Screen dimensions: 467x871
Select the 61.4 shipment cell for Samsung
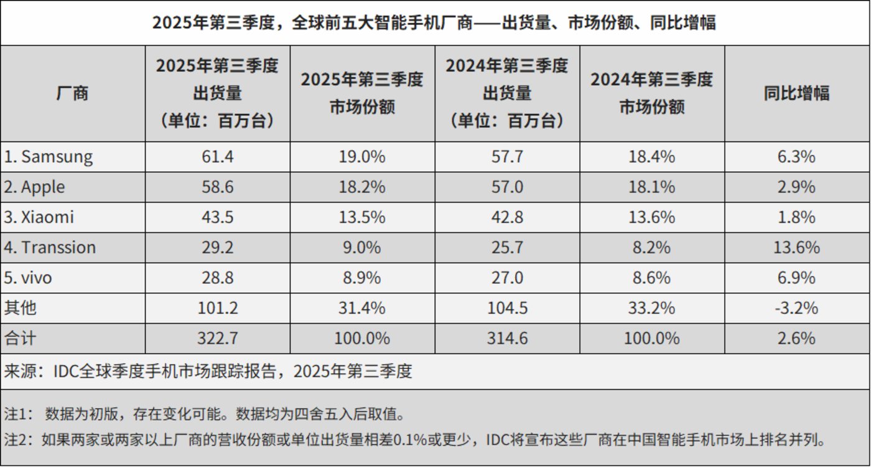[217, 156]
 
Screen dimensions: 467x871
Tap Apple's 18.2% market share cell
[362, 187]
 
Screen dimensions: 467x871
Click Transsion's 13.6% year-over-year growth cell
[797, 247]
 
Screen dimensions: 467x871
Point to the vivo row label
[29, 278]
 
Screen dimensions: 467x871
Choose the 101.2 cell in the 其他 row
[217, 308]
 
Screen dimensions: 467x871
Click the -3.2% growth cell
[797, 308]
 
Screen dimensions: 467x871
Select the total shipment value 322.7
[217, 339]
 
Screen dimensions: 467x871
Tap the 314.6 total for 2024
[507, 339]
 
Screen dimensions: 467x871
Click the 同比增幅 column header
[797, 93]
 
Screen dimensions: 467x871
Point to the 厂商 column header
[73, 93]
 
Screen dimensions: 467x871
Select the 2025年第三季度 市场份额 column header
[362, 93]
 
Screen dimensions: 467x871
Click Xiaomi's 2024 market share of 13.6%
[652, 217]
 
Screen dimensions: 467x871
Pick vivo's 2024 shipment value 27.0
[507, 278]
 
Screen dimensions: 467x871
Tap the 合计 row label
[21, 339]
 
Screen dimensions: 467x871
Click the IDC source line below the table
[208, 372]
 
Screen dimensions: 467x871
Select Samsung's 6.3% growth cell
[797, 156]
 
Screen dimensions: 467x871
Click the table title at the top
[434, 23]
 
